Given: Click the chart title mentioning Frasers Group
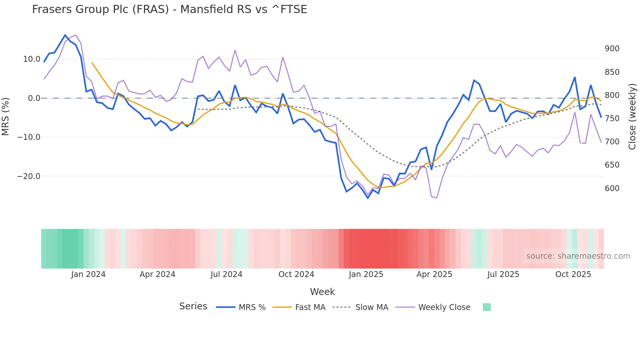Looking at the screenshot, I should (x=169, y=9).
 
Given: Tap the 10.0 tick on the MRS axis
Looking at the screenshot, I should (x=32, y=59).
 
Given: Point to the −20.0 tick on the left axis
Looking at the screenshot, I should (x=29, y=176).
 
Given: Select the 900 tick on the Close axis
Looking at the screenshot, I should (x=612, y=49).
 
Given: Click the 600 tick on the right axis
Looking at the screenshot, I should (x=612, y=188).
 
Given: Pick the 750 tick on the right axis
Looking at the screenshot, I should (x=612, y=119).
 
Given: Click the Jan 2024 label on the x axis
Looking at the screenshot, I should (x=88, y=274).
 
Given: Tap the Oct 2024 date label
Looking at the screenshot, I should (x=296, y=274).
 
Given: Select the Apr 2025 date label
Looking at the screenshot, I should (x=434, y=274).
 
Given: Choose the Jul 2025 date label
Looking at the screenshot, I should (x=503, y=274).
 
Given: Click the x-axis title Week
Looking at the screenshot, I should (x=322, y=292).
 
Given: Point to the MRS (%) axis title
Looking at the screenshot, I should (x=6, y=117).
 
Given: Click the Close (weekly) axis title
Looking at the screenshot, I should (x=632, y=117).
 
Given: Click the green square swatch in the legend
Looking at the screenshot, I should (x=487, y=307).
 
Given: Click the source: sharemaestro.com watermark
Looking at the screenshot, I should (x=578, y=256).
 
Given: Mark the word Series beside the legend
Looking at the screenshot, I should (x=193, y=306).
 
